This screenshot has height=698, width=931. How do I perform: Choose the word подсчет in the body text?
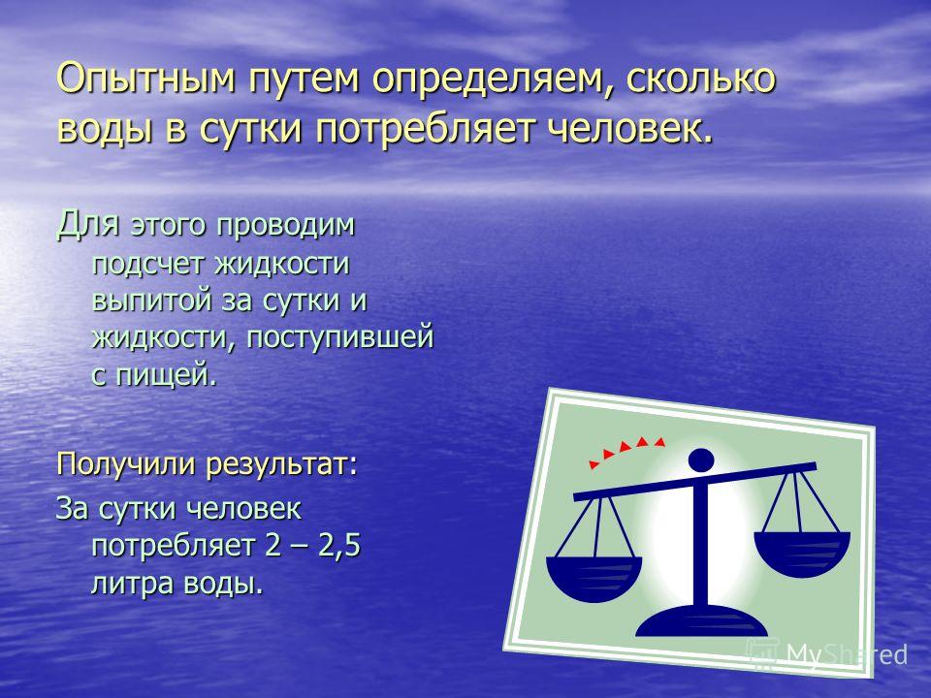point(148,264)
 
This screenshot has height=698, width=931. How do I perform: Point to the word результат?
point(282,464)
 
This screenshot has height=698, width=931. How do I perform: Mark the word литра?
point(133,584)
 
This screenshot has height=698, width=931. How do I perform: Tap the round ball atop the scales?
point(701,460)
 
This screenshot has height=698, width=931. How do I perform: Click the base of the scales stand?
point(700,622)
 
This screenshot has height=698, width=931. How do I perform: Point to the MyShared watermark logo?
point(826,654)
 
